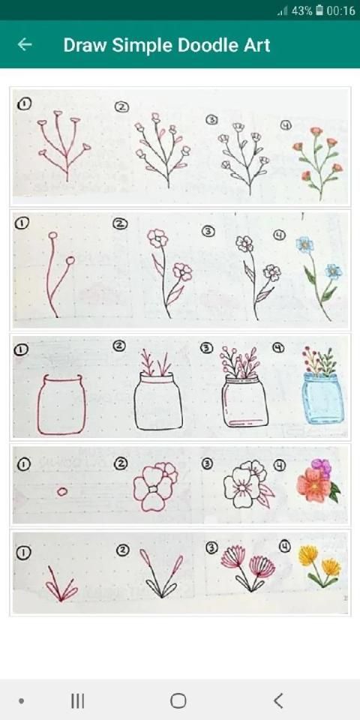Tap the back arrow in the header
(x=25, y=44)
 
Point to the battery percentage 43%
(x=301, y=10)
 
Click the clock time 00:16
(x=340, y=10)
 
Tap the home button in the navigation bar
(x=178, y=700)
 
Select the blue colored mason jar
(x=322, y=397)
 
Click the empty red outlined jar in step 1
(x=61, y=404)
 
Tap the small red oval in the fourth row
(x=62, y=492)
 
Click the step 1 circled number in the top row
(x=23, y=104)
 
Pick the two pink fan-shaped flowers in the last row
(x=248, y=568)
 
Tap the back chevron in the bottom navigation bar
(x=277, y=700)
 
